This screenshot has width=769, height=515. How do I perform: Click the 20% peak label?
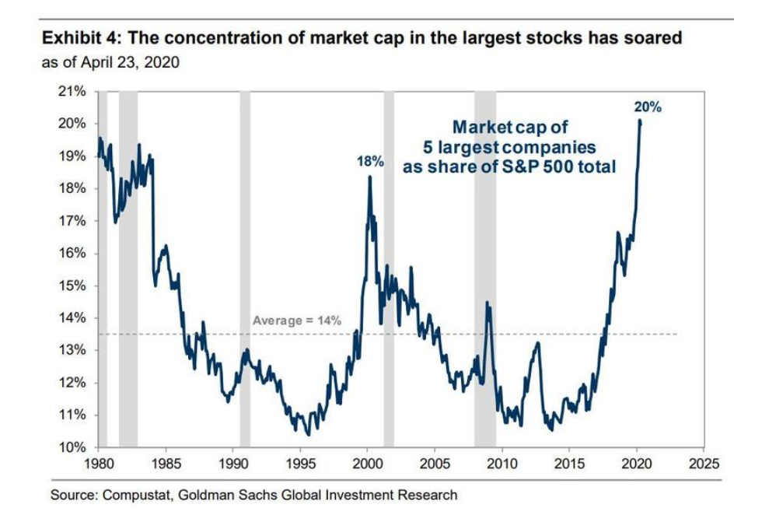tap(648, 107)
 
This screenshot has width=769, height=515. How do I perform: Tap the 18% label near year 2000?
tap(370, 162)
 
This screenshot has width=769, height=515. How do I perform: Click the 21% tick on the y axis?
tap(72, 92)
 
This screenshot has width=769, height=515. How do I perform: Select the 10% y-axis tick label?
tap(72, 448)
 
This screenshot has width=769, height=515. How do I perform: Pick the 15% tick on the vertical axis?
tap(72, 286)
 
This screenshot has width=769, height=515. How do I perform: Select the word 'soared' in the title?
tap(654, 38)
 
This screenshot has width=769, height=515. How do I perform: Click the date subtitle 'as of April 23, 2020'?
tap(110, 62)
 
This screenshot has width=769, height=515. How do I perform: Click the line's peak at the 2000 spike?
tap(369, 177)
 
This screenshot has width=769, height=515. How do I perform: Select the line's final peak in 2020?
tap(639, 121)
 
